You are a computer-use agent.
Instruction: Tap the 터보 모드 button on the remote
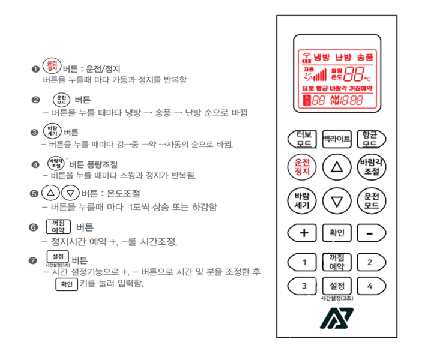(304, 139)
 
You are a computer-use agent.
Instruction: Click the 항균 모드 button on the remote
(369, 139)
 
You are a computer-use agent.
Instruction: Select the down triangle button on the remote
(337, 201)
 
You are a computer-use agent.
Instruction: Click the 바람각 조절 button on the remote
(371, 167)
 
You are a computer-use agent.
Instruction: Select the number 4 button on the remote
(369, 286)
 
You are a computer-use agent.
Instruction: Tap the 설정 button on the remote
(337, 285)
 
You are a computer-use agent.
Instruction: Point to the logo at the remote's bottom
(336, 319)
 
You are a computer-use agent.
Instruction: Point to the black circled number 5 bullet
(34, 194)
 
